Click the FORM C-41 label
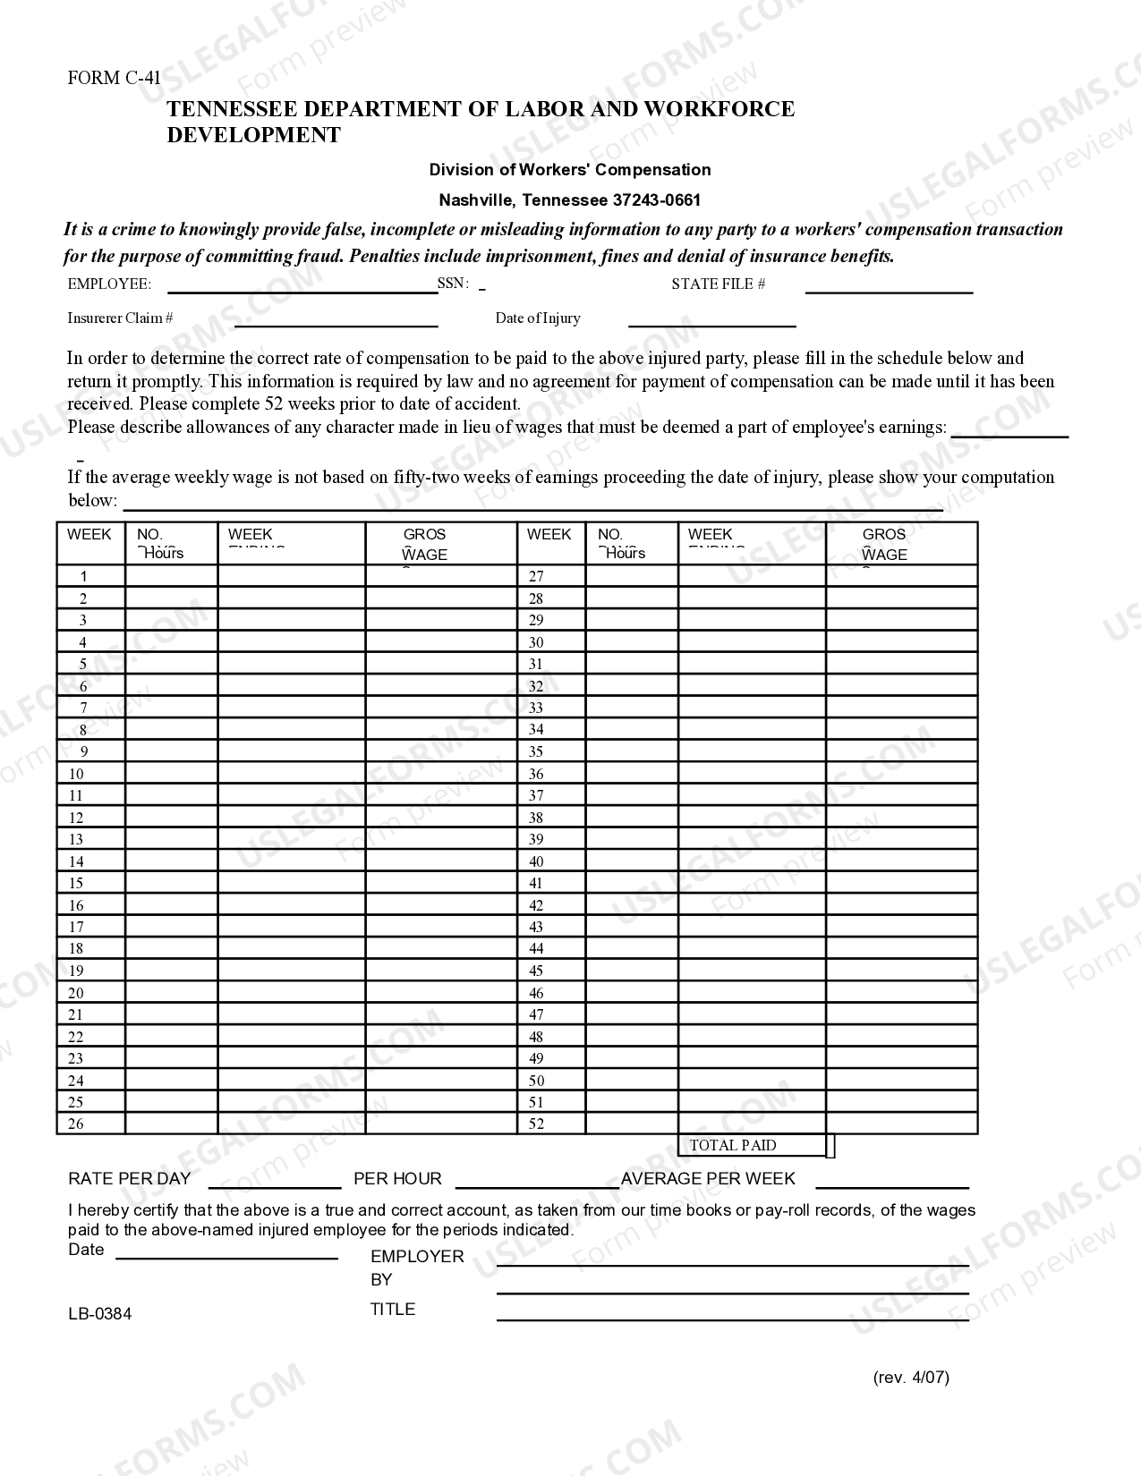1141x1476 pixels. pos(114,78)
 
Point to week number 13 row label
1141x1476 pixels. pos(76,840)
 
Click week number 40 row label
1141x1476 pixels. pos(536,862)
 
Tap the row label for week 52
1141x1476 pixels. pos(536,1124)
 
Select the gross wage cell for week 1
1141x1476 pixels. pos(441,576)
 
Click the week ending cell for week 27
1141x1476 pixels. pos(751,576)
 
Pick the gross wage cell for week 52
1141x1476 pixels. pos(901,1124)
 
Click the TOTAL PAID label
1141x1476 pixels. pos(733,1146)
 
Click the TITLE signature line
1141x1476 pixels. pos(732,1315)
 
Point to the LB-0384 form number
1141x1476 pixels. pos(99,1314)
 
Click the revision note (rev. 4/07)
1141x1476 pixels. pos(911,1378)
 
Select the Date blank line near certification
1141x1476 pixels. pos(226,1254)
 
